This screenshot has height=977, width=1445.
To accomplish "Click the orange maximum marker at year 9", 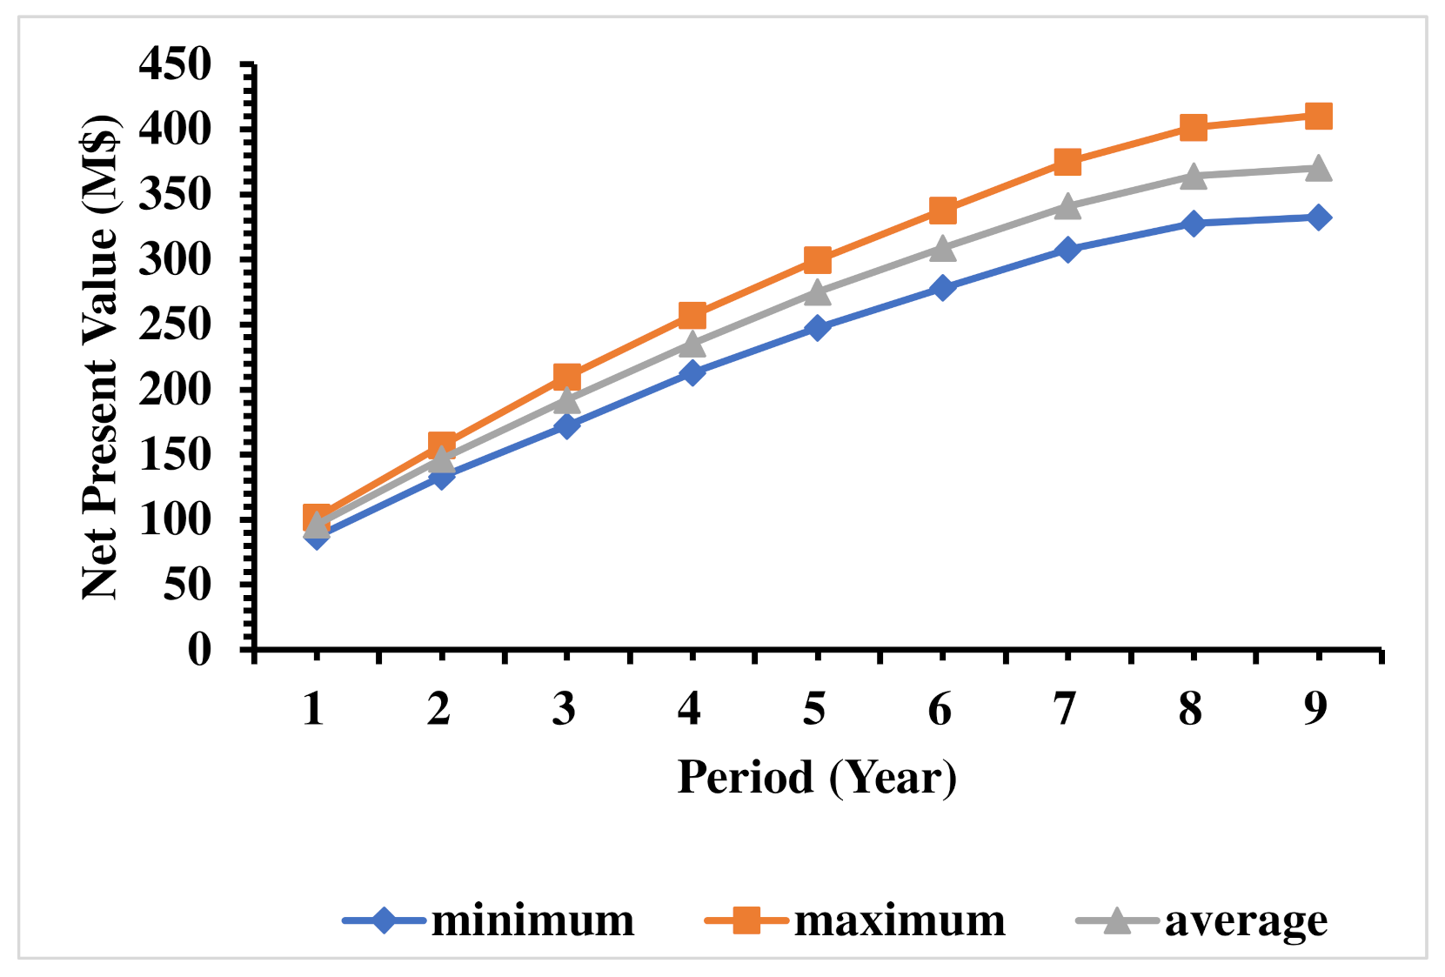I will (1318, 116).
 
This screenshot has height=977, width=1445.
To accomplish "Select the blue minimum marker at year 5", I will (816, 328).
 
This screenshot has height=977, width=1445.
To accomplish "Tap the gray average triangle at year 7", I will (1067, 207).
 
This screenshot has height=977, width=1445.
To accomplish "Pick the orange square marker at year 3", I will (566, 377).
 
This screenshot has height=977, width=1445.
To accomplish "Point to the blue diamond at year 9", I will (1318, 217).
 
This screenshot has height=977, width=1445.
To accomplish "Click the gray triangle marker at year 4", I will (692, 345).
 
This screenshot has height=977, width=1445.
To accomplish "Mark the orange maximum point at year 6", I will (942, 211).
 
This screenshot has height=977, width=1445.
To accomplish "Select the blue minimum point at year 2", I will (441, 476).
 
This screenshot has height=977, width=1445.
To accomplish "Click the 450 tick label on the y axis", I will (175, 64).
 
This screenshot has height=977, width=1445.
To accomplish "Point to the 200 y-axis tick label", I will (175, 390).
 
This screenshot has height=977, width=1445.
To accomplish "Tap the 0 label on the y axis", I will (199, 649).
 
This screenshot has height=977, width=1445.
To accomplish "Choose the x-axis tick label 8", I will (1190, 709).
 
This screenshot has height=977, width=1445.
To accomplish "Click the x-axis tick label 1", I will (313, 709).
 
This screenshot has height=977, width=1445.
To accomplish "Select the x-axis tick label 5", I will (814, 709).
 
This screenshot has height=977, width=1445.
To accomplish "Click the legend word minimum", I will (532, 920).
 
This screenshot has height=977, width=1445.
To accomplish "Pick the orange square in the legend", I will (746, 920).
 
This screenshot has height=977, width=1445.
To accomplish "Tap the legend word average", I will (1246, 920).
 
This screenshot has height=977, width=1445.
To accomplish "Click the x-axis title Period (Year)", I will (816, 777).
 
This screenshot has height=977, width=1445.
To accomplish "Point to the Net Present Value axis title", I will (100, 357).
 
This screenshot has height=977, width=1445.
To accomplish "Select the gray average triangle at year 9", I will (1318, 168).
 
